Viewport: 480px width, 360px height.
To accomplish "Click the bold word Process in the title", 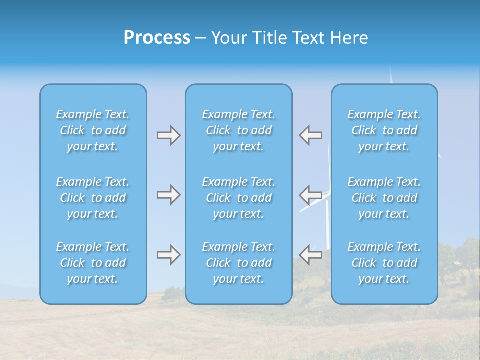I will click(x=157, y=38).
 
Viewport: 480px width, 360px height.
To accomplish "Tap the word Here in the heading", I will click(x=349, y=38).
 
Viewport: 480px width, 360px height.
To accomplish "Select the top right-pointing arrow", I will click(x=169, y=135).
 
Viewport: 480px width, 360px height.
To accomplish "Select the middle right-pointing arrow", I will click(x=169, y=195).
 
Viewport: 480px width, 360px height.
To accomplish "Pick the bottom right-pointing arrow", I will click(x=169, y=255).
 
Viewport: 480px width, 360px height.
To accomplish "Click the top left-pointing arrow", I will click(x=311, y=135).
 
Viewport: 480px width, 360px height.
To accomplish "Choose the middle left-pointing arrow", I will click(x=311, y=195).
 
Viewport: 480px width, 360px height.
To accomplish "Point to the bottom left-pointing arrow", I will click(x=311, y=255).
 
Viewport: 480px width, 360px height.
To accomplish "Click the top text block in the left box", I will click(x=93, y=130).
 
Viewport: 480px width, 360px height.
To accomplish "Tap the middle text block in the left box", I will click(x=93, y=198).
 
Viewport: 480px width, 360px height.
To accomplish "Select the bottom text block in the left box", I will click(x=93, y=263).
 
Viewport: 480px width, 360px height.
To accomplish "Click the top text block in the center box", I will click(x=239, y=130).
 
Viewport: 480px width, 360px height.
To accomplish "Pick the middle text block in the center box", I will click(x=239, y=198).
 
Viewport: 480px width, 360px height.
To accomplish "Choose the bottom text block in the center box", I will click(x=239, y=263).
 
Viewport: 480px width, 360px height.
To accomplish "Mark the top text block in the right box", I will click(x=384, y=130).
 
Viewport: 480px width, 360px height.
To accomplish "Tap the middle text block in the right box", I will click(x=384, y=198).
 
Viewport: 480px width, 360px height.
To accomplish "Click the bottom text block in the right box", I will click(x=384, y=263).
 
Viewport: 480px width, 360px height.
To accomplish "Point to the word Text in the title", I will click(x=309, y=38).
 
